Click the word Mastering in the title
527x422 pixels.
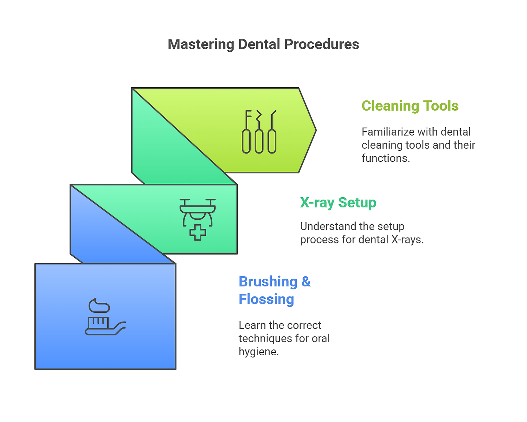pos(201,45)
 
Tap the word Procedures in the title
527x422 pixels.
pos(322,44)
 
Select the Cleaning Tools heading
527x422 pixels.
pos(410,106)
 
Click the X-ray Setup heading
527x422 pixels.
pos(338,203)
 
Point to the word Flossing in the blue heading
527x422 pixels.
pos(266,300)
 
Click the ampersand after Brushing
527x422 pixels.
pos(306,282)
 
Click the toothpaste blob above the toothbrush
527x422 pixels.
pos(99,305)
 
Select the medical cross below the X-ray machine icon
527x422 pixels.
pos(198,232)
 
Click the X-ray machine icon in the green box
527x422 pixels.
pos(198,212)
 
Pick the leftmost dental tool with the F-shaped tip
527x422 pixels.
pos(246,132)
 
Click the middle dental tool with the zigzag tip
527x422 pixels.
pos(259,132)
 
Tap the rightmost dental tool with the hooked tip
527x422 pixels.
pos(272,132)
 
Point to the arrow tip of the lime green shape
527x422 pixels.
pos(316,130)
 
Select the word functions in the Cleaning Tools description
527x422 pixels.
pos(386,158)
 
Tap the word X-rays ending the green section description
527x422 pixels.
pos(408,240)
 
